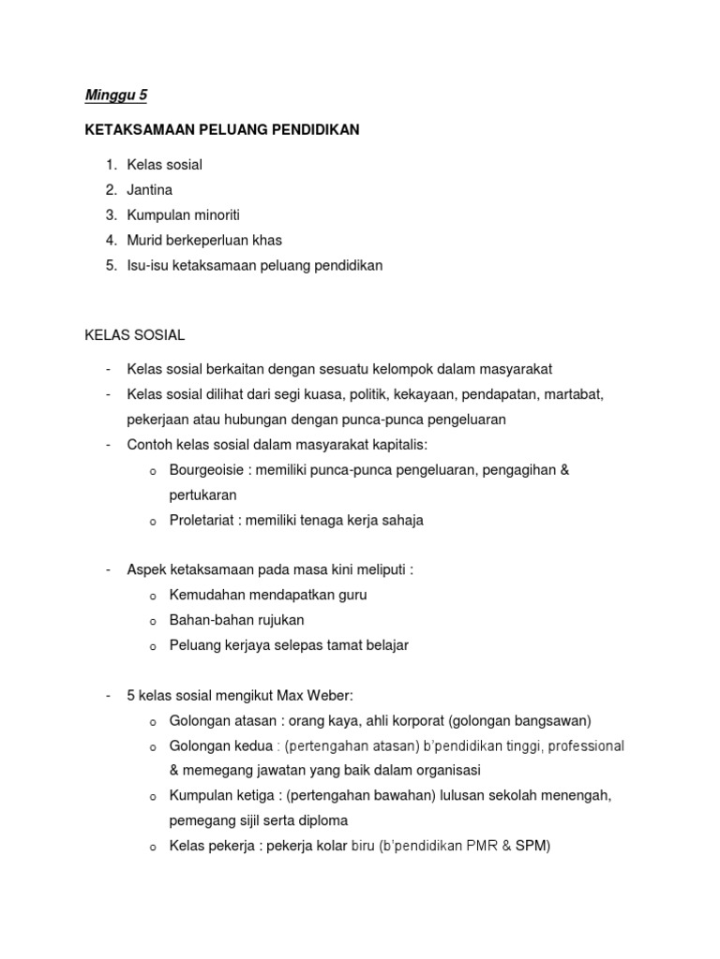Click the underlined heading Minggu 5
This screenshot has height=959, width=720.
click(116, 96)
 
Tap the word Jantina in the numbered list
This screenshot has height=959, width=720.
click(150, 190)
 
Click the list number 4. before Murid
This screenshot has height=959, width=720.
click(112, 241)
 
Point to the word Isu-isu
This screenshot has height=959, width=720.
click(150, 266)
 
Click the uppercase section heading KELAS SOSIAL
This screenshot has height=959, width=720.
click(134, 334)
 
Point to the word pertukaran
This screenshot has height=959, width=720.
click(203, 494)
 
